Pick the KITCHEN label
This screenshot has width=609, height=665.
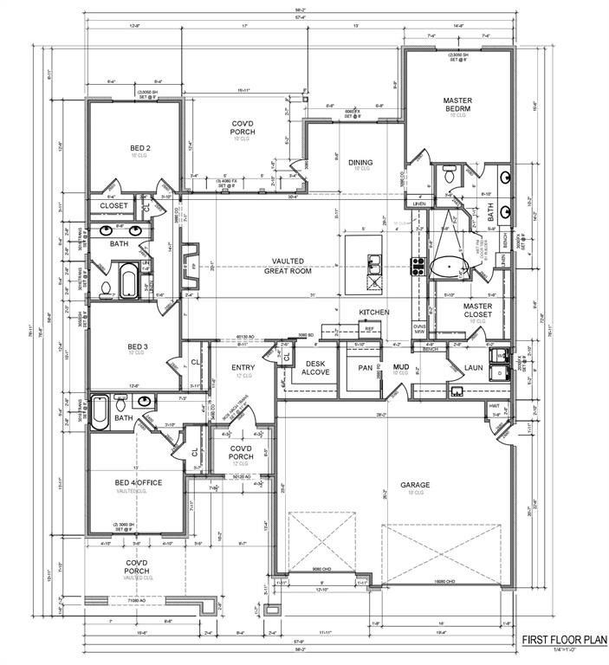374,312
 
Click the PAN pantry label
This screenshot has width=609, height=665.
366,368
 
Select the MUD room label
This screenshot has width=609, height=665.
401,368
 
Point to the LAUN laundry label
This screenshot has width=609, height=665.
473,368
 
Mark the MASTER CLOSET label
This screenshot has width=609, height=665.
476,310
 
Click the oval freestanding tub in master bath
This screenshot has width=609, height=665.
448,266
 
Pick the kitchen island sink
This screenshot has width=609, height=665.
374,262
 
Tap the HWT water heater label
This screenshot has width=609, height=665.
495,405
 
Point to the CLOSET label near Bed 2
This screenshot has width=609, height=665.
113,206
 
